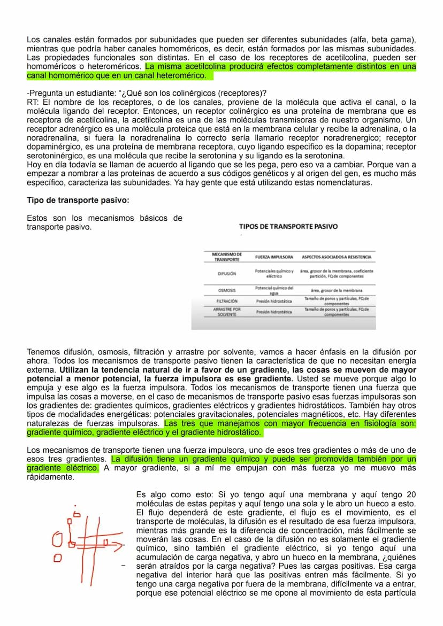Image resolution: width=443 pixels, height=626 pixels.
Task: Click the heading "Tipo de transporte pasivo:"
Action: pyautogui.click(x=78, y=200)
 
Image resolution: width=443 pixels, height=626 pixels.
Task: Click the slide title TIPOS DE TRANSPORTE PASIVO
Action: pyautogui.click(x=288, y=227)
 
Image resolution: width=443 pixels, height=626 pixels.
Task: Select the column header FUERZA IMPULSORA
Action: pyautogui.click(x=273, y=257)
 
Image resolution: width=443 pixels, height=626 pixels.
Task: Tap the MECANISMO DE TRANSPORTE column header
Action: pyautogui.click(x=227, y=257)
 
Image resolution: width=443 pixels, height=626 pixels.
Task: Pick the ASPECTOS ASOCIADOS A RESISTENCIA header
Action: pyautogui.click(x=336, y=257)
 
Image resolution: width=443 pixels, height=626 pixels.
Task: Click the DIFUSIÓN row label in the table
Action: pyautogui.click(x=227, y=274)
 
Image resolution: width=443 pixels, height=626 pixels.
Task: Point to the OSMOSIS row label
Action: pyautogui.click(x=227, y=290)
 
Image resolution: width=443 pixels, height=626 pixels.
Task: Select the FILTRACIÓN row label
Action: pyautogui.click(x=227, y=301)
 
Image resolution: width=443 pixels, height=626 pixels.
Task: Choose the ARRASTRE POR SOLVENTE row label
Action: pyautogui.click(x=227, y=312)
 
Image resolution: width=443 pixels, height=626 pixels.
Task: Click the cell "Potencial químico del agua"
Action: pyautogui.click(x=274, y=290)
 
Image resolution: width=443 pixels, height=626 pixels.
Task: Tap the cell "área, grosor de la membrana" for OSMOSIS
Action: pyautogui.click(x=337, y=290)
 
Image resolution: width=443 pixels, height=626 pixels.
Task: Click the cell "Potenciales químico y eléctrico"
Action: pyautogui.click(x=274, y=274)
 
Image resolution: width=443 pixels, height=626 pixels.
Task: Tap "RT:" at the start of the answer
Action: pyautogui.click(x=33, y=102)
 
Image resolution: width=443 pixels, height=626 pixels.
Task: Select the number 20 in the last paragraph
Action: pyautogui.click(x=411, y=495)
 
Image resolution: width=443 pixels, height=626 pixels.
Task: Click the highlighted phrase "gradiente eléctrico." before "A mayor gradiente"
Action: pyautogui.click(x=63, y=468)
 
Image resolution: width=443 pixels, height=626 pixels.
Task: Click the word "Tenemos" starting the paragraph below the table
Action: pyautogui.click(x=44, y=352)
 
